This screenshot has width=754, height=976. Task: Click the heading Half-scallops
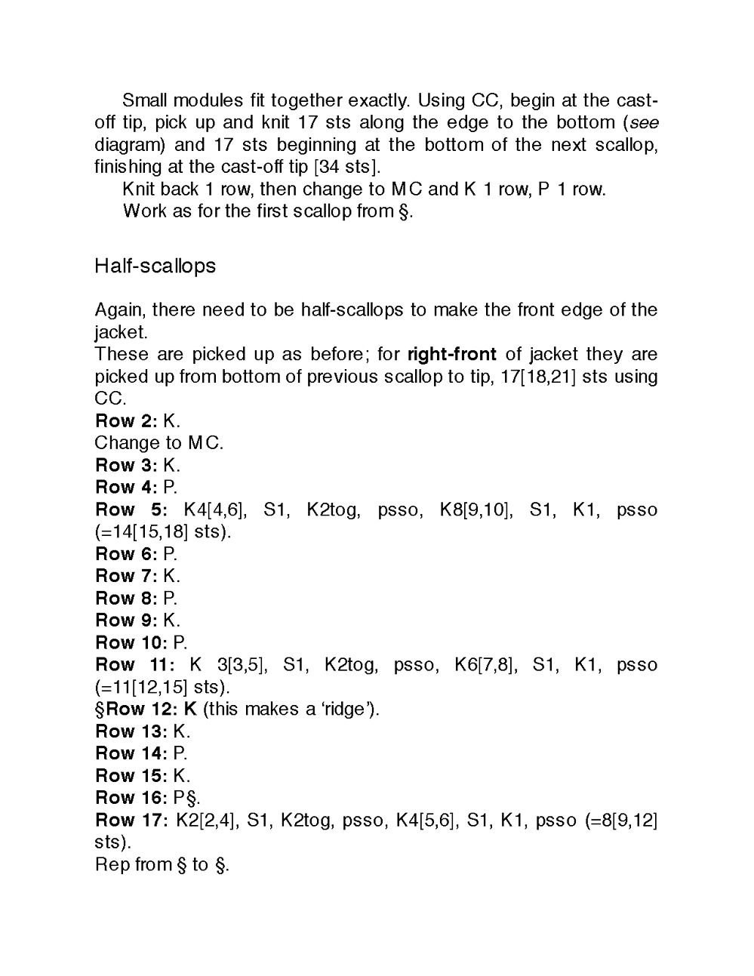point(155,266)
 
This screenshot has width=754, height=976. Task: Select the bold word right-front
point(451,354)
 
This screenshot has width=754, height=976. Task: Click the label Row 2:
point(126,420)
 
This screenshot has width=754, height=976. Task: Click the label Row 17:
point(131,820)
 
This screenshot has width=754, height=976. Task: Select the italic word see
point(644,122)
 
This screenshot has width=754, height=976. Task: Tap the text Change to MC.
point(158,443)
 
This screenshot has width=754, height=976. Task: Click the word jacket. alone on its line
point(121,331)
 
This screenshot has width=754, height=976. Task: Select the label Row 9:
point(126,620)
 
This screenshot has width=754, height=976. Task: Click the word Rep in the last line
point(112,864)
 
